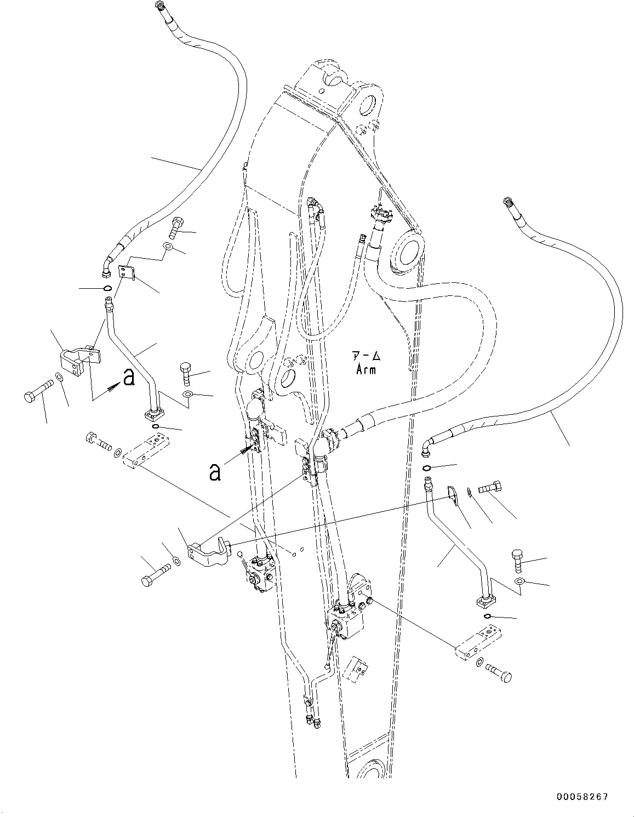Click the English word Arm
(365, 370)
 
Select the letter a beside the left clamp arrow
(128, 377)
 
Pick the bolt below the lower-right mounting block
(500, 672)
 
